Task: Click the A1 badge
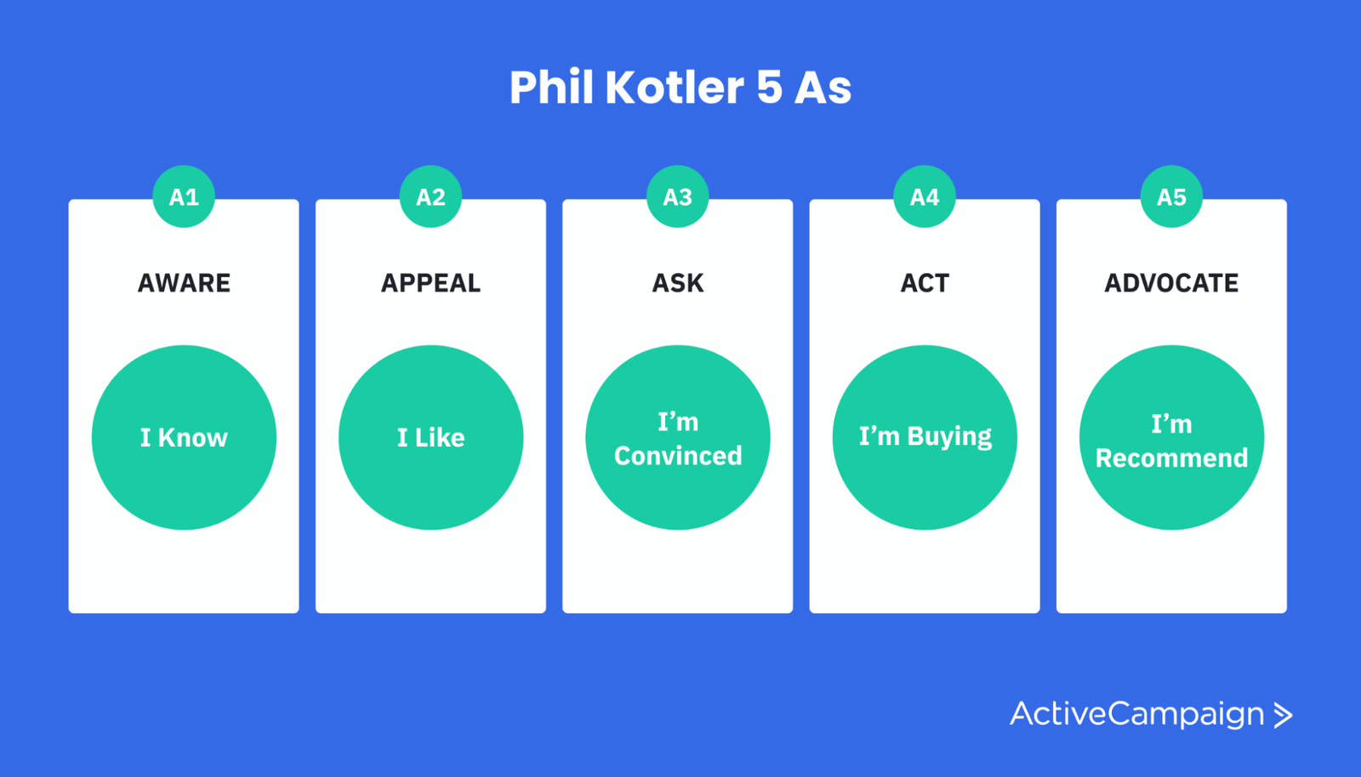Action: coord(184,196)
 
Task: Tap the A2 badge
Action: coord(430,196)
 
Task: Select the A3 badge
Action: coord(677,196)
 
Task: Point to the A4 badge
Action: coord(925,196)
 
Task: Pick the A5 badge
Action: coord(1171,196)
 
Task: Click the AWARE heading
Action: coord(184,283)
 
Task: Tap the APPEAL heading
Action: coord(430,283)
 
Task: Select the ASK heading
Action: coord(678,283)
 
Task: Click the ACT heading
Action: coord(925,283)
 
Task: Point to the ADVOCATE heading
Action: coord(1171,283)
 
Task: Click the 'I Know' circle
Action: coord(184,437)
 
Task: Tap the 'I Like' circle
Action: coord(430,437)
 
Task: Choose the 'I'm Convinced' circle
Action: coord(678,437)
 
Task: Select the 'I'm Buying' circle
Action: coord(925,437)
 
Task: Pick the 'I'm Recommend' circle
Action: coord(1171,437)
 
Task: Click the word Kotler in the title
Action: coord(675,88)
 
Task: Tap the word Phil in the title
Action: coord(551,88)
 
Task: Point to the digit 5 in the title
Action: coord(769,88)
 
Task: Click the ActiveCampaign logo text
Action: coord(1136,714)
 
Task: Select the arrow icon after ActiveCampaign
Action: coord(1283,715)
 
